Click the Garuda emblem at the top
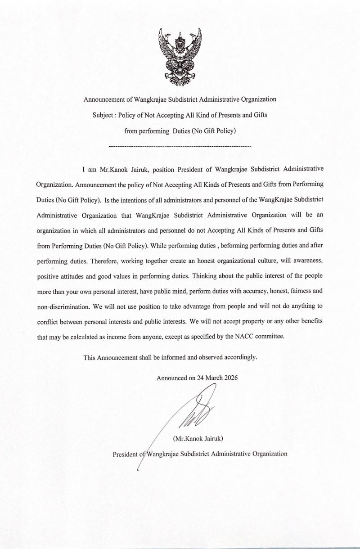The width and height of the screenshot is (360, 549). [x=180, y=57]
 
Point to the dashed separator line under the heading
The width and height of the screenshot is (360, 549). [x=180, y=146]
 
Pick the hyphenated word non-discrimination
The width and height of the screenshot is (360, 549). [x=63, y=306]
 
